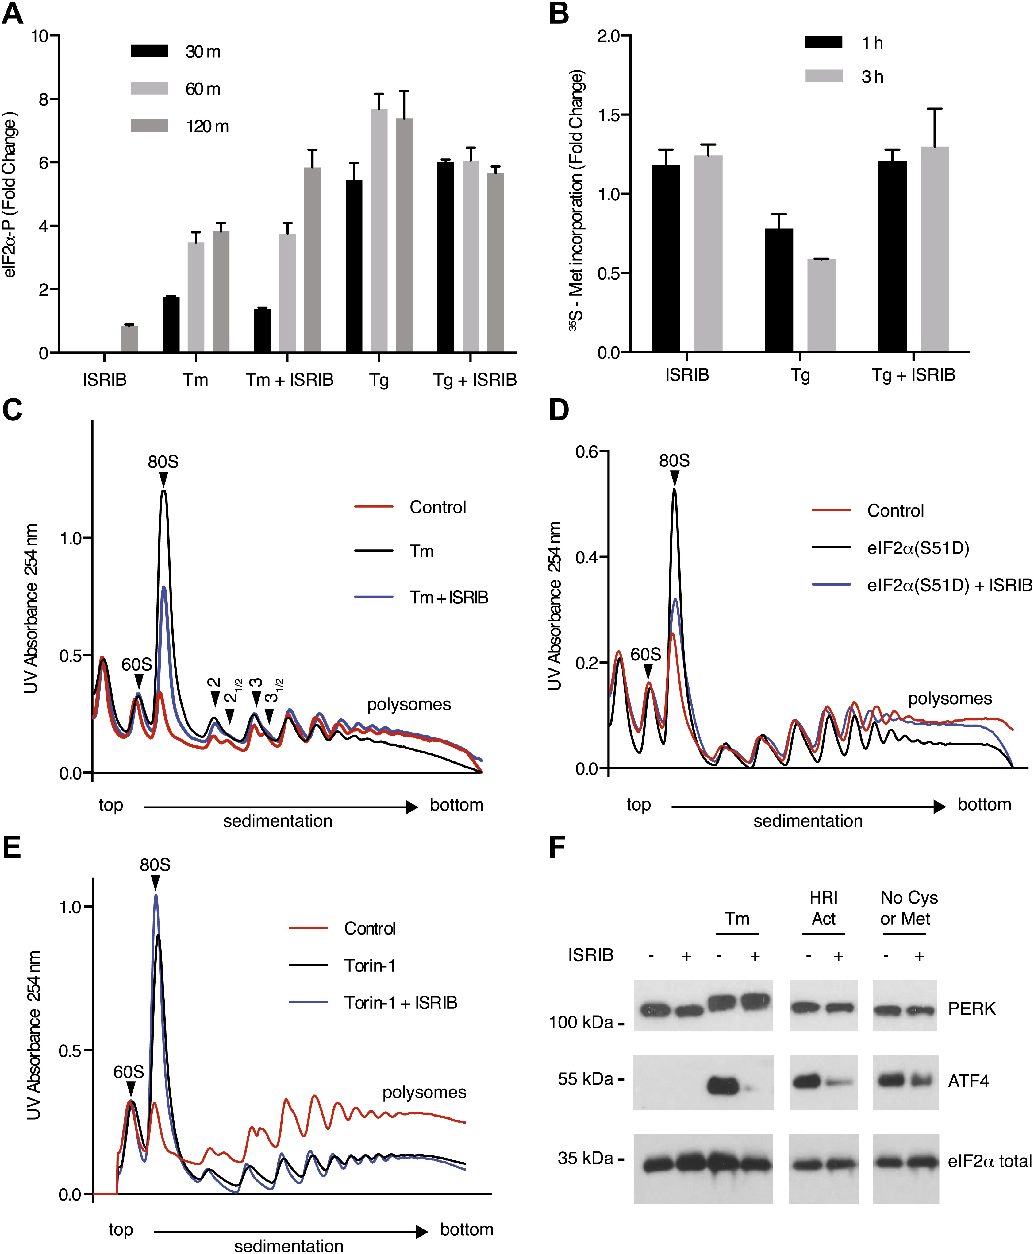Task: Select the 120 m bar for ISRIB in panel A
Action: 129,339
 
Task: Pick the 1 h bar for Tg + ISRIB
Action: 892,256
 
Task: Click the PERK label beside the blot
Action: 971,1008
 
